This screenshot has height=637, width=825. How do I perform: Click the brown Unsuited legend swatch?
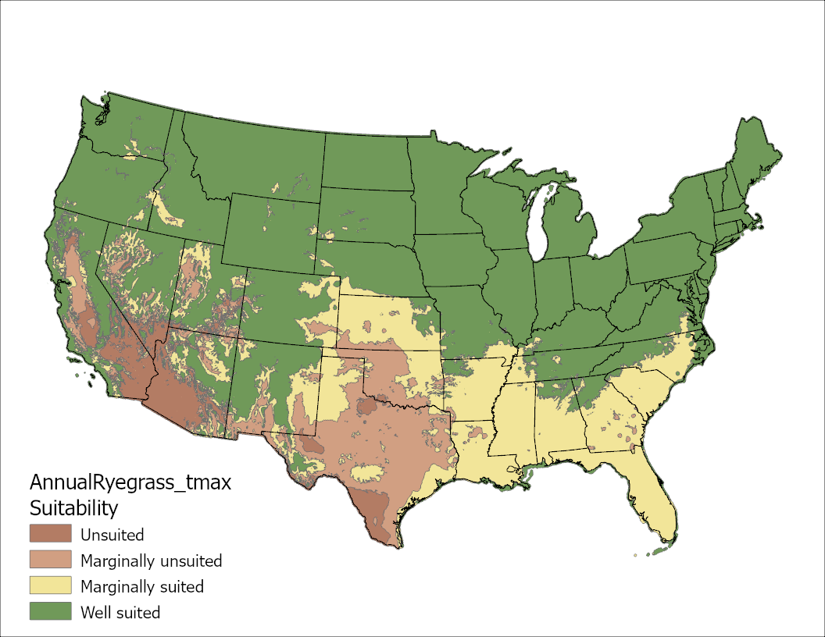click(x=50, y=535)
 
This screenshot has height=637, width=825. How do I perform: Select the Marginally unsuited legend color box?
click(x=50, y=560)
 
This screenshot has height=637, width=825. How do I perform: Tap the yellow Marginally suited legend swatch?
click(x=50, y=586)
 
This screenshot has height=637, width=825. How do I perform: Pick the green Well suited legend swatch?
click(x=50, y=612)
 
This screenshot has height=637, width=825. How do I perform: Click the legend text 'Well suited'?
click(x=120, y=613)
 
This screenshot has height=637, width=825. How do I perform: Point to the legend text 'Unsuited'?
click(x=112, y=536)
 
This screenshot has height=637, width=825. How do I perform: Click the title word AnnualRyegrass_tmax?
click(x=130, y=482)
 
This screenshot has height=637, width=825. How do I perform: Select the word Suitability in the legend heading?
click(x=73, y=508)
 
